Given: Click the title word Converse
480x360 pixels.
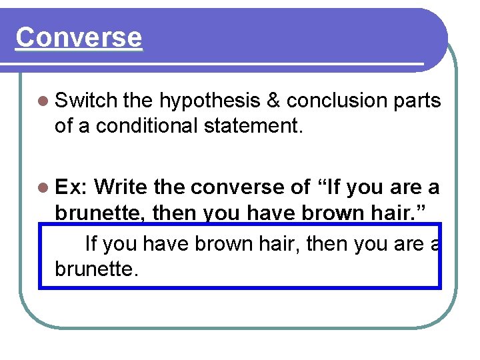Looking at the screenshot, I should [x=79, y=37].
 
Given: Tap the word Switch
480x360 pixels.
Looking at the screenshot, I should [x=86, y=101].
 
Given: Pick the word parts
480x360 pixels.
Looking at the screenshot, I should [x=421, y=101].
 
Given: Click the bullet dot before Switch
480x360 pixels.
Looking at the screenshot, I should [x=44, y=101].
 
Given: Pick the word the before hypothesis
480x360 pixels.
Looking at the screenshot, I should [x=138, y=101].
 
